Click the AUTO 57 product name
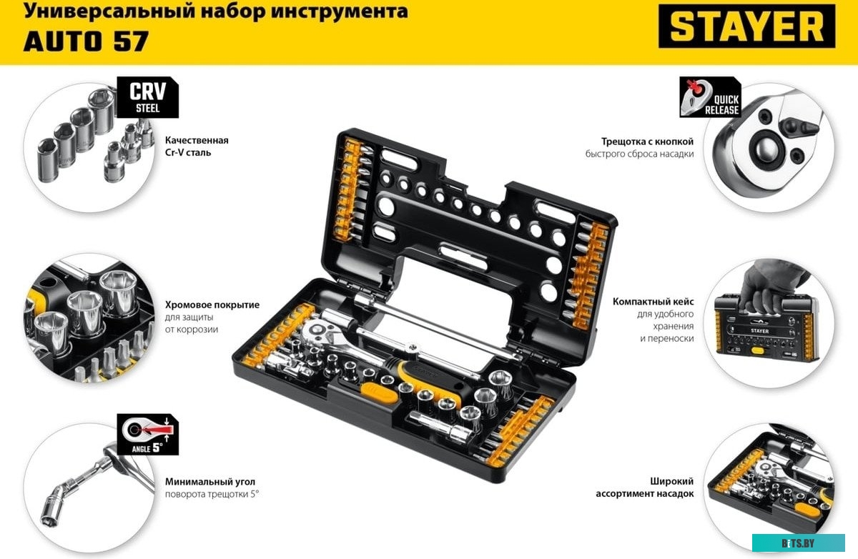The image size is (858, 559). (x=86, y=41)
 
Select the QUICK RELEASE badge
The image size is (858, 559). (x=710, y=98)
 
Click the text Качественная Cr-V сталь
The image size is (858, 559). (x=197, y=147)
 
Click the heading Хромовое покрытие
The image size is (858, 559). (x=212, y=305)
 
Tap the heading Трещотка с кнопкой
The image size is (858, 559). (x=648, y=142)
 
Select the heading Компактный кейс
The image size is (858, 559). (x=653, y=302)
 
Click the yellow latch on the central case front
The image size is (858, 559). (x=376, y=392)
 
